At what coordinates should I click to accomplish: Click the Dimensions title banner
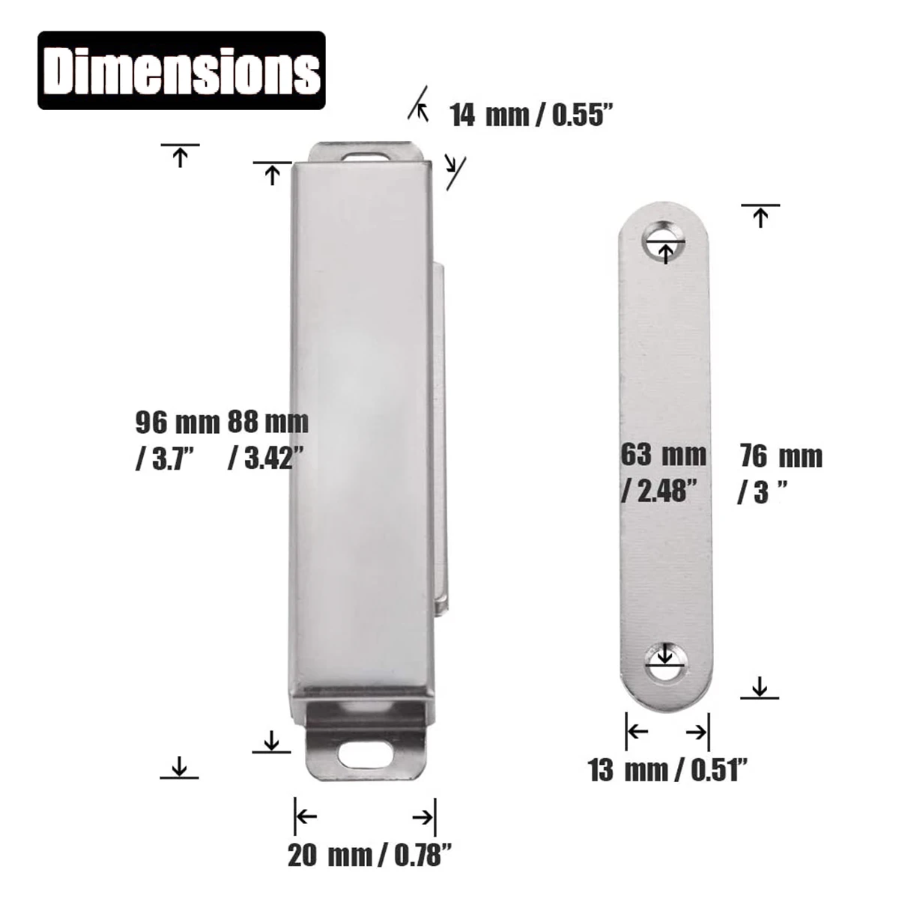pyautogui.click(x=181, y=70)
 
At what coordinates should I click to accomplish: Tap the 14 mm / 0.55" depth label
pyautogui.click(x=530, y=115)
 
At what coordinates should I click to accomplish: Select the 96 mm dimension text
pyautogui.click(x=178, y=423)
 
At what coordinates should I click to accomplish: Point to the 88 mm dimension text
pyautogui.click(x=267, y=423)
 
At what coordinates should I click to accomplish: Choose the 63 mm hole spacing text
pyautogui.click(x=663, y=455)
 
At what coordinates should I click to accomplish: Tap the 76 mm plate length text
pyautogui.click(x=781, y=457)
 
